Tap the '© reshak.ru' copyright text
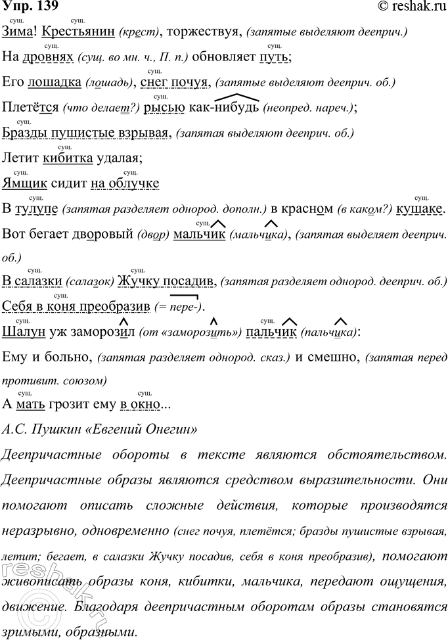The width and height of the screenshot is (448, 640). pyautogui.click(x=411, y=8)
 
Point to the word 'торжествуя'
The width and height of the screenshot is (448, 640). pyautogui.click(x=208, y=32)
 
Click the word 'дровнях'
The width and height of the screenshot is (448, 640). pyautogui.click(x=51, y=57)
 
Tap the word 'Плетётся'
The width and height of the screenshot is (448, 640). pyautogui.click(x=29, y=107)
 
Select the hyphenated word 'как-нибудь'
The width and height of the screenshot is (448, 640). pyautogui.click(x=223, y=107)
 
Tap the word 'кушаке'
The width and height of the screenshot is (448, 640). pyautogui.click(x=421, y=209)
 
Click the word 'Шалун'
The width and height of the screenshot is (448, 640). pyautogui.click(x=24, y=332)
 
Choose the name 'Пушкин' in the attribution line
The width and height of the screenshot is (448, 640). pyautogui.click(x=55, y=430)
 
